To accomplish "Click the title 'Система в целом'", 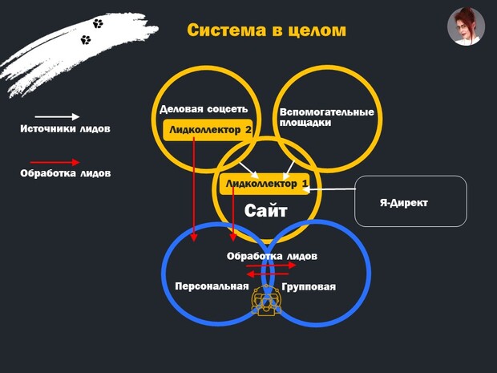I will point(267,30).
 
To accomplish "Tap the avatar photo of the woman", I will point(466,26).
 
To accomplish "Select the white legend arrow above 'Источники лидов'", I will point(55,117).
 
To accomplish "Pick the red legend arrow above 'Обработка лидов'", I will point(55,161).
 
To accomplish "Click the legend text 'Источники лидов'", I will point(65,128).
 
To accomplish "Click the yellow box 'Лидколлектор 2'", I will point(208,129).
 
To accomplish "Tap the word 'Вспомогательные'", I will point(326,112).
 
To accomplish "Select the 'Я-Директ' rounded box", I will point(410,201).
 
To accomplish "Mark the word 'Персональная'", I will point(212,286).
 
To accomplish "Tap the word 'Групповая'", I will point(309,286).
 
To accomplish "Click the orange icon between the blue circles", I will point(265,299).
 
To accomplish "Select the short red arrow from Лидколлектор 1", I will point(232,217).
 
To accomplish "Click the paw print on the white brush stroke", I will point(98,24).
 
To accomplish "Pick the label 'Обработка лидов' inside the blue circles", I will point(272,256).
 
